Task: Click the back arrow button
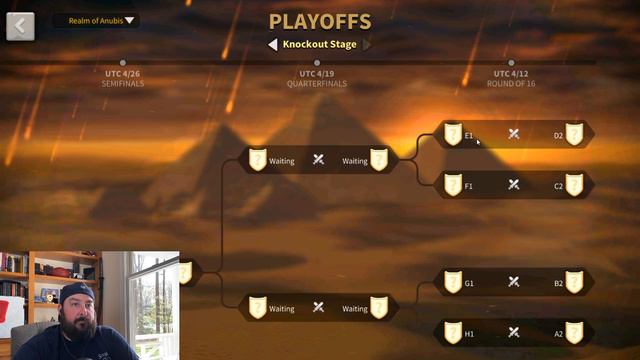(20, 26)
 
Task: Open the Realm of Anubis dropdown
(96, 20)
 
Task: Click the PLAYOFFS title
(319, 21)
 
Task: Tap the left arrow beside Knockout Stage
(272, 44)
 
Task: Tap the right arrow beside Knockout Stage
(367, 44)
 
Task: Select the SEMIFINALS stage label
(122, 84)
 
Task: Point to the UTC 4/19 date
(318, 74)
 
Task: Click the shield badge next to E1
(453, 134)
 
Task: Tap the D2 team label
(559, 135)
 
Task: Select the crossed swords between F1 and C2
(513, 185)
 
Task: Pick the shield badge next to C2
(574, 185)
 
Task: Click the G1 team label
(469, 283)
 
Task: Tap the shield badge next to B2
(574, 282)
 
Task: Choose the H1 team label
(469, 332)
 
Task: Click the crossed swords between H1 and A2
(513, 332)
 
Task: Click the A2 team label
(559, 332)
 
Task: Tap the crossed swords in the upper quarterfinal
(318, 160)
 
